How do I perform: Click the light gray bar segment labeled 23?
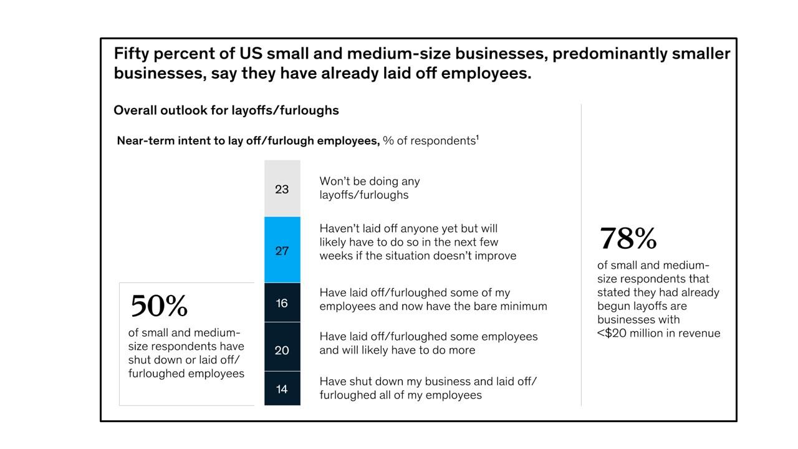[282, 188]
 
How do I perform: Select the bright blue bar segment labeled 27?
[282, 250]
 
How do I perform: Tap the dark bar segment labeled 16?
[282, 302]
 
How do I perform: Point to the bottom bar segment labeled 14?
[282, 389]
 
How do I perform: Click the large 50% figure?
[159, 306]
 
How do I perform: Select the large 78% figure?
[628, 238]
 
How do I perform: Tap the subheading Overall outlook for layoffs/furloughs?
[226, 110]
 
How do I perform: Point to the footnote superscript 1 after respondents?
[478, 137]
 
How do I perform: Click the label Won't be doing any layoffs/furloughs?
[369, 188]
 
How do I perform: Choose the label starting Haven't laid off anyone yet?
[418, 242]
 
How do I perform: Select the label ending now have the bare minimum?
[433, 299]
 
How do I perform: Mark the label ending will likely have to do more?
[428, 343]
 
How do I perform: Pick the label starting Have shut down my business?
[428, 388]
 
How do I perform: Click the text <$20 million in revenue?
[658, 333]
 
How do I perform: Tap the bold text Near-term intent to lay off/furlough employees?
[248, 141]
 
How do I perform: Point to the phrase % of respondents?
[429, 141]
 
